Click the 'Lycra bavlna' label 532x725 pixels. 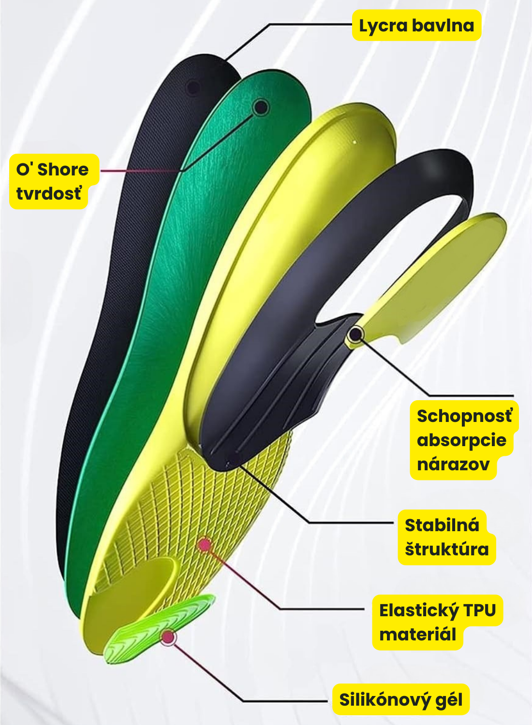(x=416, y=25)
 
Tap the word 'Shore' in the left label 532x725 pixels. (x=63, y=170)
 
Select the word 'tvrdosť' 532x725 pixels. (x=49, y=193)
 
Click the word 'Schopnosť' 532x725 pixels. (x=465, y=416)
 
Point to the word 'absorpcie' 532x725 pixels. (x=462, y=440)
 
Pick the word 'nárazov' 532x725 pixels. (x=453, y=464)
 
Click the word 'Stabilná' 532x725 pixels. (x=442, y=525)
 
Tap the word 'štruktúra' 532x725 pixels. (x=447, y=549)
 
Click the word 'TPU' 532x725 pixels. (x=480, y=610)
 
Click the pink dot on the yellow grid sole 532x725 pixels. (x=204, y=545)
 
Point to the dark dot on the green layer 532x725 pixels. (x=261, y=107)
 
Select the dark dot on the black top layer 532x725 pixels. (x=193, y=87)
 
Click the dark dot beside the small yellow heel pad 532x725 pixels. (x=356, y=334)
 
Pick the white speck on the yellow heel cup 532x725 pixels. (x=355, y=142)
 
